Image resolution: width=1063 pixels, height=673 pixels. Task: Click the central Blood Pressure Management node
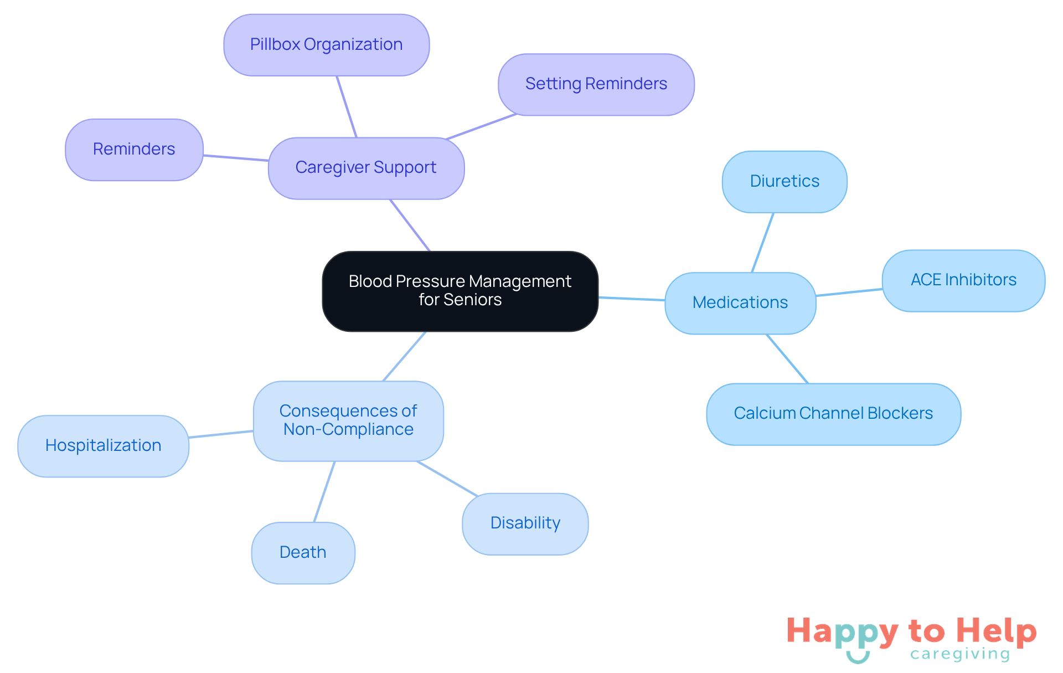pyautogui.click(x=460, y=291)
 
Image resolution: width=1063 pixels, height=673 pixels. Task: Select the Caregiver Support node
pyautogui.click(x=366, y=168)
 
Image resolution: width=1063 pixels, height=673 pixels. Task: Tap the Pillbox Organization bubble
pyautogui.click(x=326, y=45)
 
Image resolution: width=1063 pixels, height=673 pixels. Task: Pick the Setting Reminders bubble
pyautogui.click(x=596, y=84)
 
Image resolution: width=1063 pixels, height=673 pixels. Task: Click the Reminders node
pyautogui.click(x=134, y=150)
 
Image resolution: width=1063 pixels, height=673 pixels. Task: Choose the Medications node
pyautogui.click(x=740, y=303)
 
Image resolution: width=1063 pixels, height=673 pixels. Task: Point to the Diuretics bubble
pyautogui.click(x=785, y=182)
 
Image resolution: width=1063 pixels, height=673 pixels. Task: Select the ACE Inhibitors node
pyautogui.click(x=963, y=280)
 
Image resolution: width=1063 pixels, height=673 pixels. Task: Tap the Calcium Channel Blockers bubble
pyautogui.click(x=833, y=414)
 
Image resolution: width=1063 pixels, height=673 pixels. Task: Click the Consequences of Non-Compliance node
pyautogui.click(x=348, y=420)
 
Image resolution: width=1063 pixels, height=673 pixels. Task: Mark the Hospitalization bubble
pyautogui.click(x=103, y=446)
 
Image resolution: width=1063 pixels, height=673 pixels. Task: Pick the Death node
pyautogui.click(x=303, y=553)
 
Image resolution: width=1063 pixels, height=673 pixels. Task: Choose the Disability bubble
pyautogui.click(x=525, y=523)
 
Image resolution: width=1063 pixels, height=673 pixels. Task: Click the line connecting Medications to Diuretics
pyautogui.click(x=762, y=243)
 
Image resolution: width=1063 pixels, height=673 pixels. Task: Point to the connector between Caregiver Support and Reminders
pyautogui.click(x=236, y=158)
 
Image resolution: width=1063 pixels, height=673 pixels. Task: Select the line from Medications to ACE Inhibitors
pyautogui.click(x=849, y=292)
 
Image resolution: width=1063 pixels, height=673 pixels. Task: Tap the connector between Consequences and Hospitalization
pyautogui.click(x=221, y=434)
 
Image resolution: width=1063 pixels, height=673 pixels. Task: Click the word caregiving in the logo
pyautogui.click(x=960, y=654)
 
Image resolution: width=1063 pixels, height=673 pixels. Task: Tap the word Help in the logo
pyautogui.click(x=996, y=631)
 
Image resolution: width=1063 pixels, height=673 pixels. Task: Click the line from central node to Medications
pyautogui.click(x=632, y=299)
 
